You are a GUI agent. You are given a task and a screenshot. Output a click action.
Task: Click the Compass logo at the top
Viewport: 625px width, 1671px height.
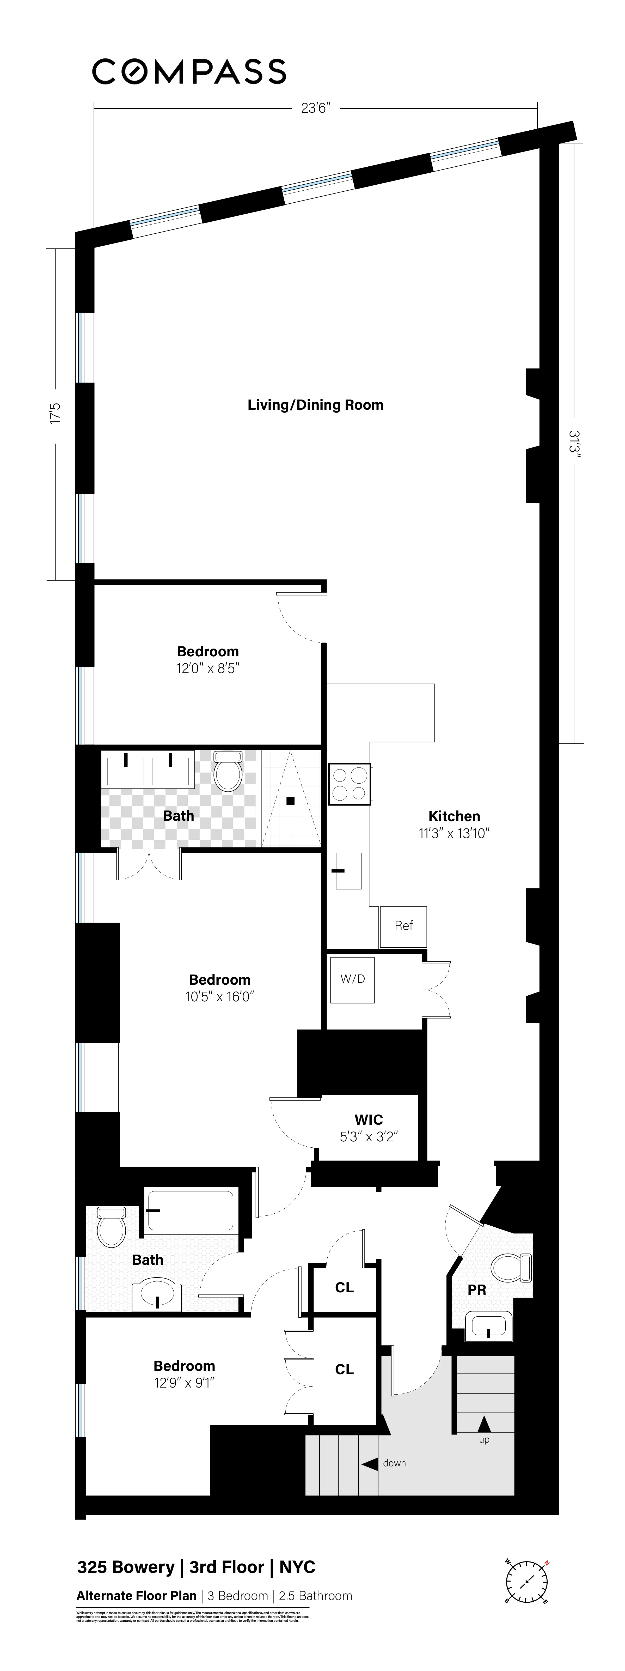pos(189,71)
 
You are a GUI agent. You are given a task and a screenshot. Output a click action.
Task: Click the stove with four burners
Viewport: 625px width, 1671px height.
pos(350,784)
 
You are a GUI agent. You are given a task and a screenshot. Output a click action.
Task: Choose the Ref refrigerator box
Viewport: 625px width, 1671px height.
pos(403,926)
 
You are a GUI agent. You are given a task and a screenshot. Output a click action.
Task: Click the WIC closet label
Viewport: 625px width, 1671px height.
pos(368,1120)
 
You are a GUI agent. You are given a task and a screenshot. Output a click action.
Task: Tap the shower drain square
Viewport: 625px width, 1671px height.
pos(291,801)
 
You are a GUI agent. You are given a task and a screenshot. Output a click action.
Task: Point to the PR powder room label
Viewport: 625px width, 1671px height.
pos(476,1289)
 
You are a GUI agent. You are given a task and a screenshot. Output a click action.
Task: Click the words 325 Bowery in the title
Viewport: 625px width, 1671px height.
pos(125,1567)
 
